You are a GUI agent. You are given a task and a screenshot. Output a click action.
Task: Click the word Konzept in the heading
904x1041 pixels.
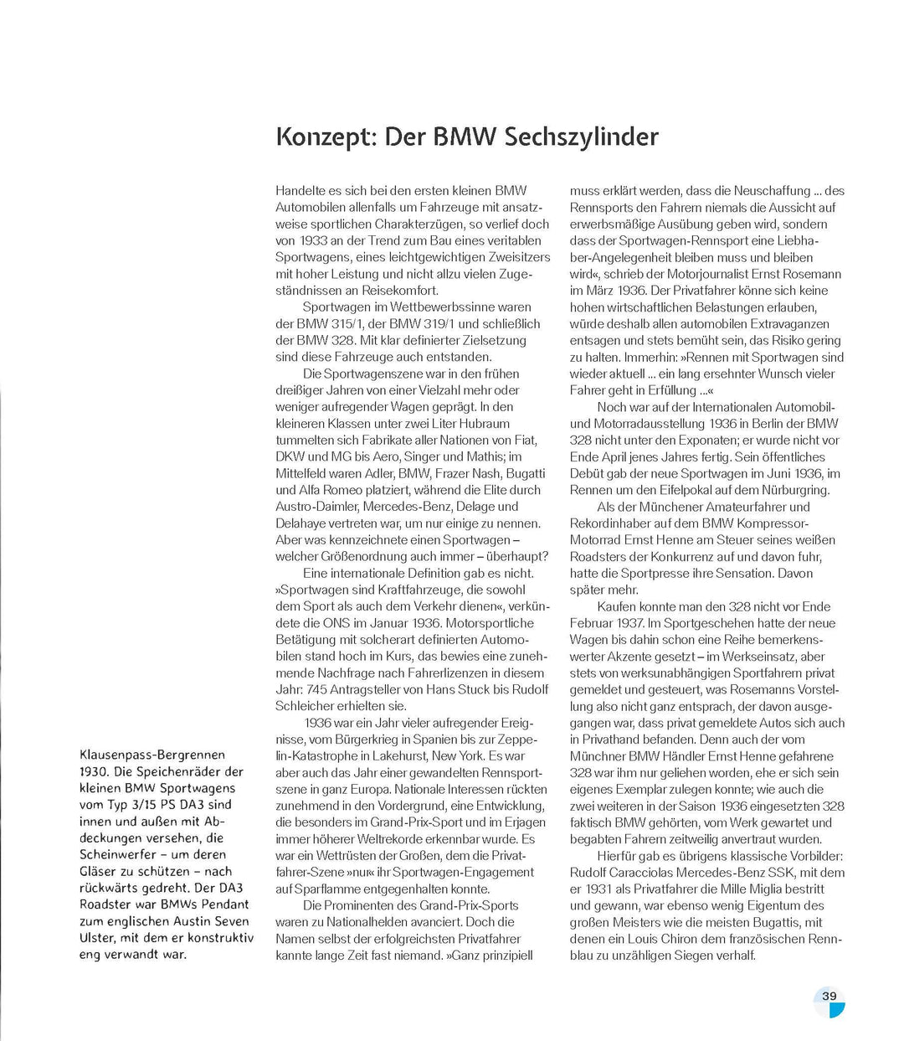coord(324,137)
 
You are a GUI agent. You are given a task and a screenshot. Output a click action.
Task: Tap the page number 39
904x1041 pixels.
coord(829,996)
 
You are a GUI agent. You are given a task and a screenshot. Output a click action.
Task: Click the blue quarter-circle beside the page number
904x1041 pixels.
coord(837,1010)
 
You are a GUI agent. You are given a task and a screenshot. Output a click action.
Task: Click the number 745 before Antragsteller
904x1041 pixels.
coord(319,689)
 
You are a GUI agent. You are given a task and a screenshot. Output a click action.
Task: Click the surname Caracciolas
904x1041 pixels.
coord(643,872)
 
